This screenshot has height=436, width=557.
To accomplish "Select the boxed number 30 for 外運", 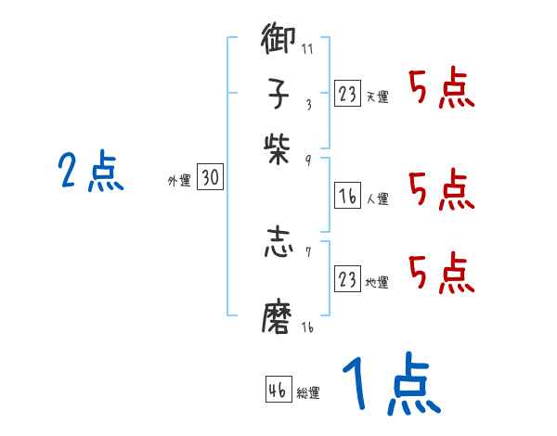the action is pos(211,179).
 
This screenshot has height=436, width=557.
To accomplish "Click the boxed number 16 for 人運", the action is pos(348,197).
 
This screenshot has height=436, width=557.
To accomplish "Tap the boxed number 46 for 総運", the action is pos(278,390).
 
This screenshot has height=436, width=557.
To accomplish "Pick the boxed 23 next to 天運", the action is pos(348,94).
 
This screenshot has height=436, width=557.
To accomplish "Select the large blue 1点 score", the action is pos(391,385).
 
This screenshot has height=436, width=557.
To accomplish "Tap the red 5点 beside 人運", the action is pos(441,189).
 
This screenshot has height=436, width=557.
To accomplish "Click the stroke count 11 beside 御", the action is pos(306,48).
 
